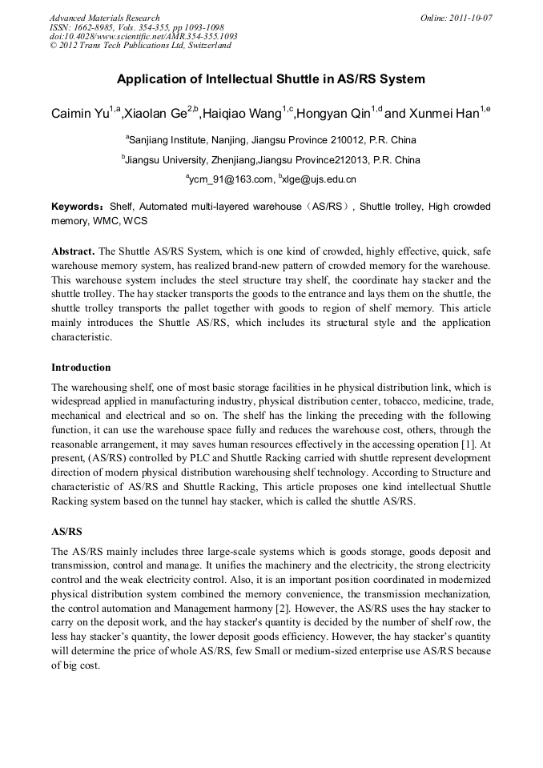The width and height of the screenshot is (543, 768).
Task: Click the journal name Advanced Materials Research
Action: coord(104,18)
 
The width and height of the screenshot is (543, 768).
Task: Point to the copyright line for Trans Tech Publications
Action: coord(140,46)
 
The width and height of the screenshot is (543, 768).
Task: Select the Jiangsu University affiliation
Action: coord(271,159)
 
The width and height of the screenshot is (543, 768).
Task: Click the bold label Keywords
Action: coord(77,207)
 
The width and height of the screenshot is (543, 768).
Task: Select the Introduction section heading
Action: coord(81,368)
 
